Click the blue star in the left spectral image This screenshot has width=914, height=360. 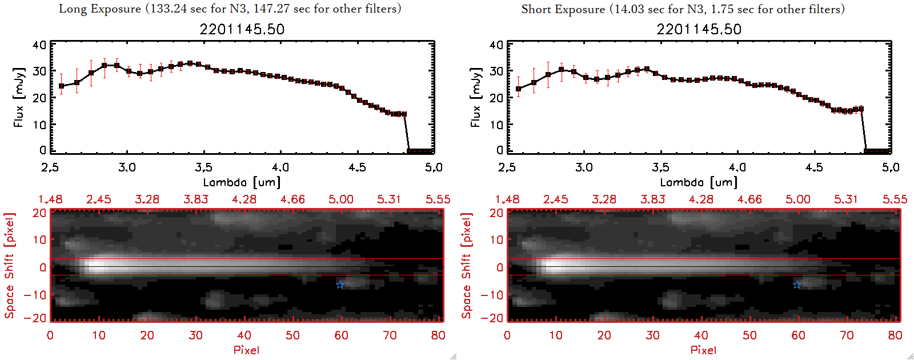(x=340, y=285)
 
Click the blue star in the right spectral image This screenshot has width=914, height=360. (x=797, y=285)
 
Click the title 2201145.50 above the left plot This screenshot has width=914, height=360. (x=242, y=29)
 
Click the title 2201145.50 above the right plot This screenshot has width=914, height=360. (x=699, y=29)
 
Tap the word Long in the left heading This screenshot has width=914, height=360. (x=73, y=9)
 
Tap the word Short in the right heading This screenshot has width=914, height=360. (x=536, y=9)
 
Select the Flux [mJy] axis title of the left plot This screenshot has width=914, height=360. (x=19, y=98)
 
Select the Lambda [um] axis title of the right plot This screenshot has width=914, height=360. (x=699, y=182)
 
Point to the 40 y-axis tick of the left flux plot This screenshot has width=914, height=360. (x=39, y=45)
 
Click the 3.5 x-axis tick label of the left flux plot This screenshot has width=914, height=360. (x=203, y=167)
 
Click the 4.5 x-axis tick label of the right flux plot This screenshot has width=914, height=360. (x=814, y=167)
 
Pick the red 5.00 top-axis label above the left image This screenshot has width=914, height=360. (x=341, y=199)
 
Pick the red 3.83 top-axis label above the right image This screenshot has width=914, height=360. (x=652, y=199)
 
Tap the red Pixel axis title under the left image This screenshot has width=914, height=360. (x=246, y=350)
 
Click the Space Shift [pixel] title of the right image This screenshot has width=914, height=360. (x=467, y=266)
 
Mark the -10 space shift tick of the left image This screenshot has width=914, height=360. (x=35, y=294)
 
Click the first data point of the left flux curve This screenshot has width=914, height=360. (x=62, y=86)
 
